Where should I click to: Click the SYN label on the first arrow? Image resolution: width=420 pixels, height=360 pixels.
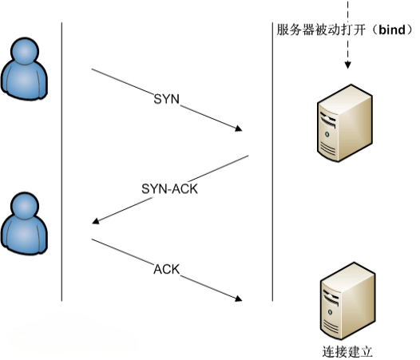pos(166,99)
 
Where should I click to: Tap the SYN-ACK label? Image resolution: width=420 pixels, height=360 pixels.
pos(169,189)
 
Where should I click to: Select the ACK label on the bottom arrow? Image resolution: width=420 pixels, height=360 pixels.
pos(166,269)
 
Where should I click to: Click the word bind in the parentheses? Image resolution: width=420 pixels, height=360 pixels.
pos(392,30)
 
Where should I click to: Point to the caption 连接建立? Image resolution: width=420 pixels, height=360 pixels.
pos(347,352)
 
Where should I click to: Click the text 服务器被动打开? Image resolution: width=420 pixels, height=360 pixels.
pos(321,30)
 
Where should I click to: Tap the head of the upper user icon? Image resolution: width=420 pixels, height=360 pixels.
pos(25,51)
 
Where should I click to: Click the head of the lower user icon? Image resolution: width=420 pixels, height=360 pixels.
pos(25,206)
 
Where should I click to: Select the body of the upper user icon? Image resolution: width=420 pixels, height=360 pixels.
pos(24,81)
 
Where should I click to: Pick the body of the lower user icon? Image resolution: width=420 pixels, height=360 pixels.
pos(24,235)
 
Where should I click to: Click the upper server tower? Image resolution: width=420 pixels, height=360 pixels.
pos(345,123)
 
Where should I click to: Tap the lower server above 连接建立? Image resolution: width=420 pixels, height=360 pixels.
pos(348,301)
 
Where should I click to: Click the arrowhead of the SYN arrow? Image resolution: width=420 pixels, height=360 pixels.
pos(239,129)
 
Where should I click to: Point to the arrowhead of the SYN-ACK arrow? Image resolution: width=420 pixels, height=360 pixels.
pos(95,221)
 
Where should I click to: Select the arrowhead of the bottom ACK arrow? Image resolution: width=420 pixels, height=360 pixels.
pos(239,299)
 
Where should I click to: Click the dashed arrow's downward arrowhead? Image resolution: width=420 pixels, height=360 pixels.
pos(347,65)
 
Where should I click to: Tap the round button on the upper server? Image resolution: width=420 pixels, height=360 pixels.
pos(327,134)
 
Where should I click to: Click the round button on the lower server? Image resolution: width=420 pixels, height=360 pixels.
pos(330,312)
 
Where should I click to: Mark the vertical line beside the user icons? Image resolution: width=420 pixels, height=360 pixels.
pos(61,162)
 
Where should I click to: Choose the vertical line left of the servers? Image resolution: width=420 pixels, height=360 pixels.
pos(272,162)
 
